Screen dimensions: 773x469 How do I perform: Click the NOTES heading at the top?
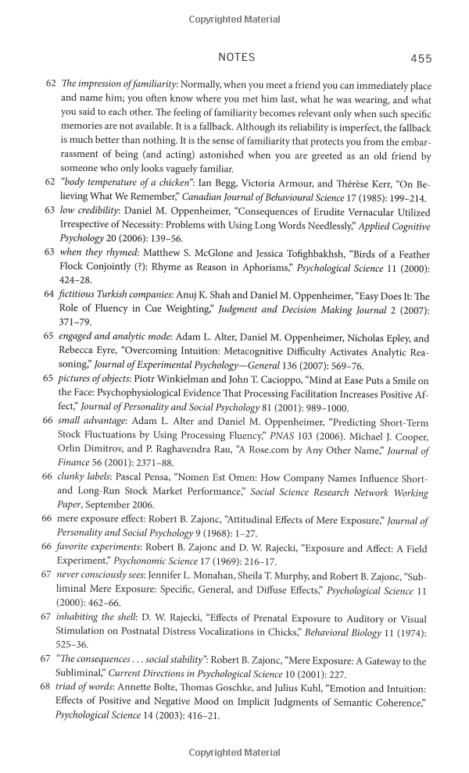click(236, 58)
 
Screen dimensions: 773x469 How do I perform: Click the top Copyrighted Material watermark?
click(234, 18)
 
